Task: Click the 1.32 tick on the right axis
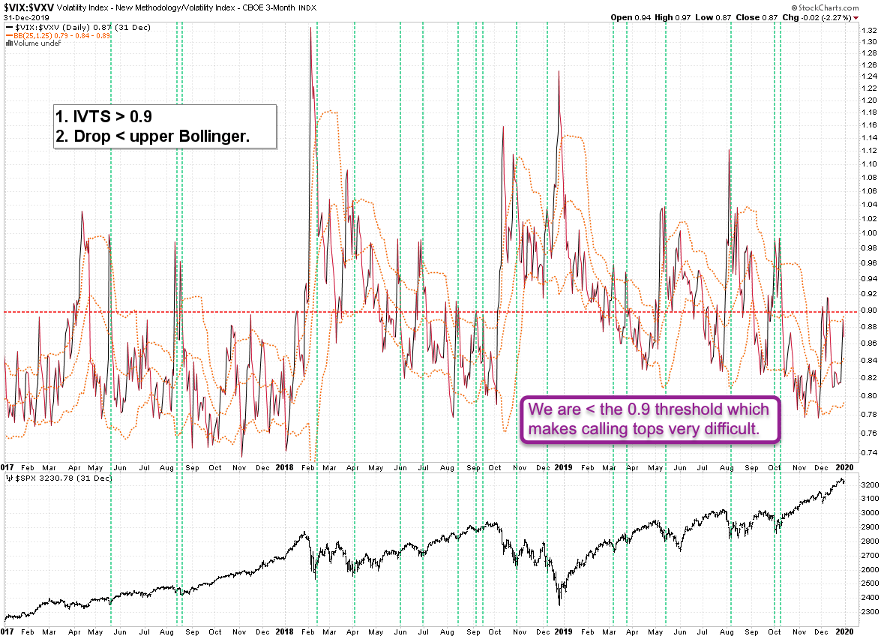pos(868,30)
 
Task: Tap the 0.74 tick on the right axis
pos(868,452)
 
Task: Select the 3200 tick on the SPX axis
pos(870,486)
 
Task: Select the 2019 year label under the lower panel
pos(564,632)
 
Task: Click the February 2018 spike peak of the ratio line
pos(310,28)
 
